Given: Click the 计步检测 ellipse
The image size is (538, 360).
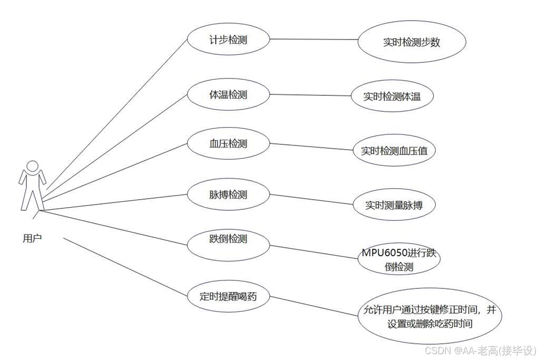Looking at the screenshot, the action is [228, 39].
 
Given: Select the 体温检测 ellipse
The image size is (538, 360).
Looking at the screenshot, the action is [228, 95].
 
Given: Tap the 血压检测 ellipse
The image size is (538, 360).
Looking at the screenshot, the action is [228, 143].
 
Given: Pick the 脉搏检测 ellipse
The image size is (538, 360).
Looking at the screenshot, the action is [228, 194].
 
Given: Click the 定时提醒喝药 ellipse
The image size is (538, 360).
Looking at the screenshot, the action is [229, 296].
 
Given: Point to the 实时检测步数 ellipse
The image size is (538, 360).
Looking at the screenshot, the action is [412, 43].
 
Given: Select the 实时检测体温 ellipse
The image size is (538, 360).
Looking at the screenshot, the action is [392, 96].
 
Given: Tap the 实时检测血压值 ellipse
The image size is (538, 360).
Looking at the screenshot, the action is [395, 151].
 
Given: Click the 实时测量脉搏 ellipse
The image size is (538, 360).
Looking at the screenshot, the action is [394, 206].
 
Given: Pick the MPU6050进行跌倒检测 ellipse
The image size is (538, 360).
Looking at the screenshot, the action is [399, 259].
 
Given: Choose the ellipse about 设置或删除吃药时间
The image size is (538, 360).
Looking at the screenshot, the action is [429, 316].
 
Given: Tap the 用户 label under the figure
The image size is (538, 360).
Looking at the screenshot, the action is [32, 238].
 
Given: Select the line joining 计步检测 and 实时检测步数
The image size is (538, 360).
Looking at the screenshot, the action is [314, 40].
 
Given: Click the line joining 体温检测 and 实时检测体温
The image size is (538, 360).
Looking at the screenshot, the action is [310, 95].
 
